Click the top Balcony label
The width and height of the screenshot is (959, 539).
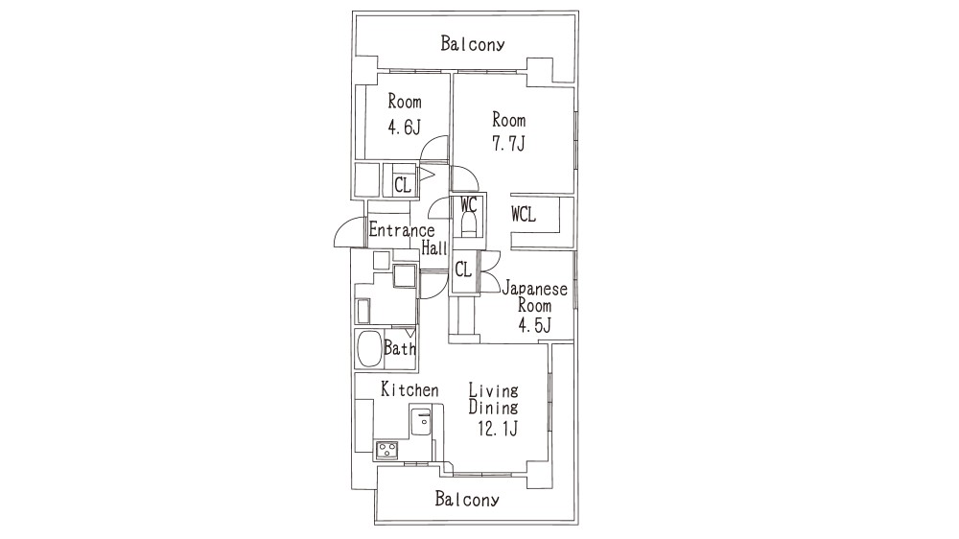[x=472, y=44]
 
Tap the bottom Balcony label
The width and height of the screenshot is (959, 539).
[x=467, y=500]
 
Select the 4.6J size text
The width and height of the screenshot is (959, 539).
[x=405, y=128]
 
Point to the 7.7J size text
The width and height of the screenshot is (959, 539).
[x=509, y=143]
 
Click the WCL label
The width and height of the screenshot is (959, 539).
[x=524, y=215]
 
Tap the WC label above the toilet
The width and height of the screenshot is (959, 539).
[x=469, y=204]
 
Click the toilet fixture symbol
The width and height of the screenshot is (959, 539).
[x=469, y=225]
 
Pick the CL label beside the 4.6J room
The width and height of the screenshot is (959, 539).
[x=403, y=184]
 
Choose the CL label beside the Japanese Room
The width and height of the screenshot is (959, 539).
[x=463, y=269]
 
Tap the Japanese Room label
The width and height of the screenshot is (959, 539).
[x=534, y=296]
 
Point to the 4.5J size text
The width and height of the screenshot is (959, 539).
[x=534, y=325]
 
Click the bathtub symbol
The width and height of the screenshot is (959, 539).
[x=369, y=349]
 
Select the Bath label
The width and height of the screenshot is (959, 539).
[x=400, y=349]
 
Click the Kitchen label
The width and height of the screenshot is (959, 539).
[x=409, y=389]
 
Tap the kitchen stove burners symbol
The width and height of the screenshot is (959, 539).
[x=386, y=451]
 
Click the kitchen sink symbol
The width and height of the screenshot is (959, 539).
[x=421, y=423]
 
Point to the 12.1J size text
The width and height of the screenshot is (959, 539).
[x=498, y=429]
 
